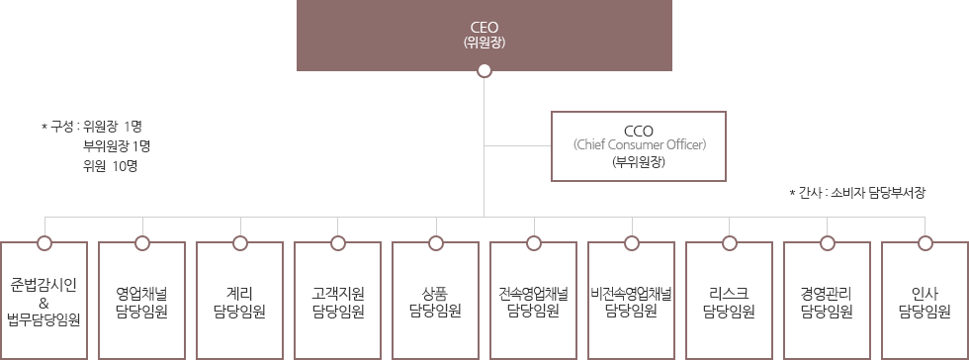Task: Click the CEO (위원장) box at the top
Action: pos(484,35)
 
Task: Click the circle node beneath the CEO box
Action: pos(484,70)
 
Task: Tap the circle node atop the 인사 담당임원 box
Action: pos(925,241)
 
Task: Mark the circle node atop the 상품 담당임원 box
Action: pos(435,241)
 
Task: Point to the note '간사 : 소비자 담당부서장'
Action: pos(857,193)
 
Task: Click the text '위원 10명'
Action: pos(110,165)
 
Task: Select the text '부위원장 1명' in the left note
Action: pos(116,145)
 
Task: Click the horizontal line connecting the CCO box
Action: pos(517,145)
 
